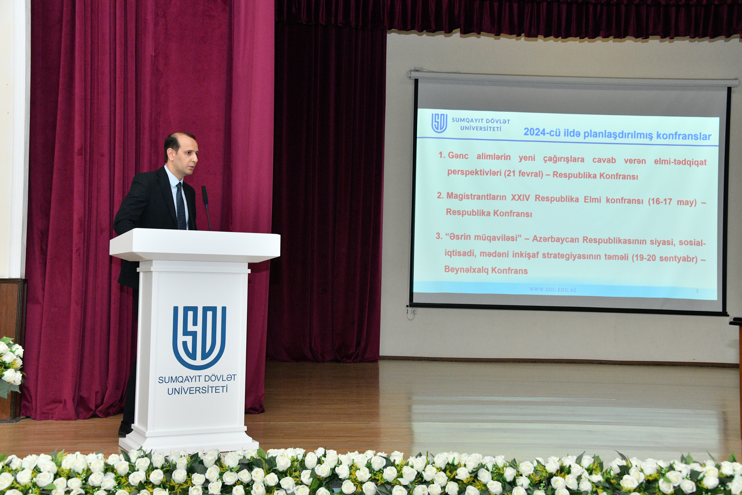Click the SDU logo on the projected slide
click(439, 123)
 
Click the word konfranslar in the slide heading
click(684, 136)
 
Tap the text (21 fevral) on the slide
click(523, 173)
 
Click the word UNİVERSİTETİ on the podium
click(198, 390)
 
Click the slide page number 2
click(697, 291)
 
